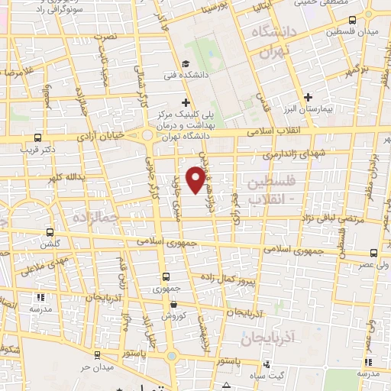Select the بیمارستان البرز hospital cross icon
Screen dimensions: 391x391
[x=308, y=97]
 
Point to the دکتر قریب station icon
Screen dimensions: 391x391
[x=38, y=138]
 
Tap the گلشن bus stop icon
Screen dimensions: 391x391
[x=50, y=232]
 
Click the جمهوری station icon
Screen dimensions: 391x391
[x=166, y=277]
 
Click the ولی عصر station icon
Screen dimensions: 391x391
[x=374, y=252]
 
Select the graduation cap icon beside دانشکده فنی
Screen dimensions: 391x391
[x=186, y=64]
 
